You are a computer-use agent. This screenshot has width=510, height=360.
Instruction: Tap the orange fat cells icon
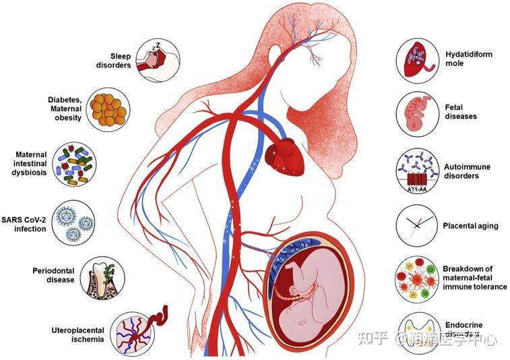click(109, 108)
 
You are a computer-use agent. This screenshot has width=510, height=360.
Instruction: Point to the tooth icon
click(101, 277)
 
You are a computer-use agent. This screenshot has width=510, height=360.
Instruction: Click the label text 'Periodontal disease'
click(53, 275)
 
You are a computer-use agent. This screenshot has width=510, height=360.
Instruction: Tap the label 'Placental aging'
click(471, 226)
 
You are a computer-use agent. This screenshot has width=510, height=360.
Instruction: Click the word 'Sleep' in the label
click(120, 56)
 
